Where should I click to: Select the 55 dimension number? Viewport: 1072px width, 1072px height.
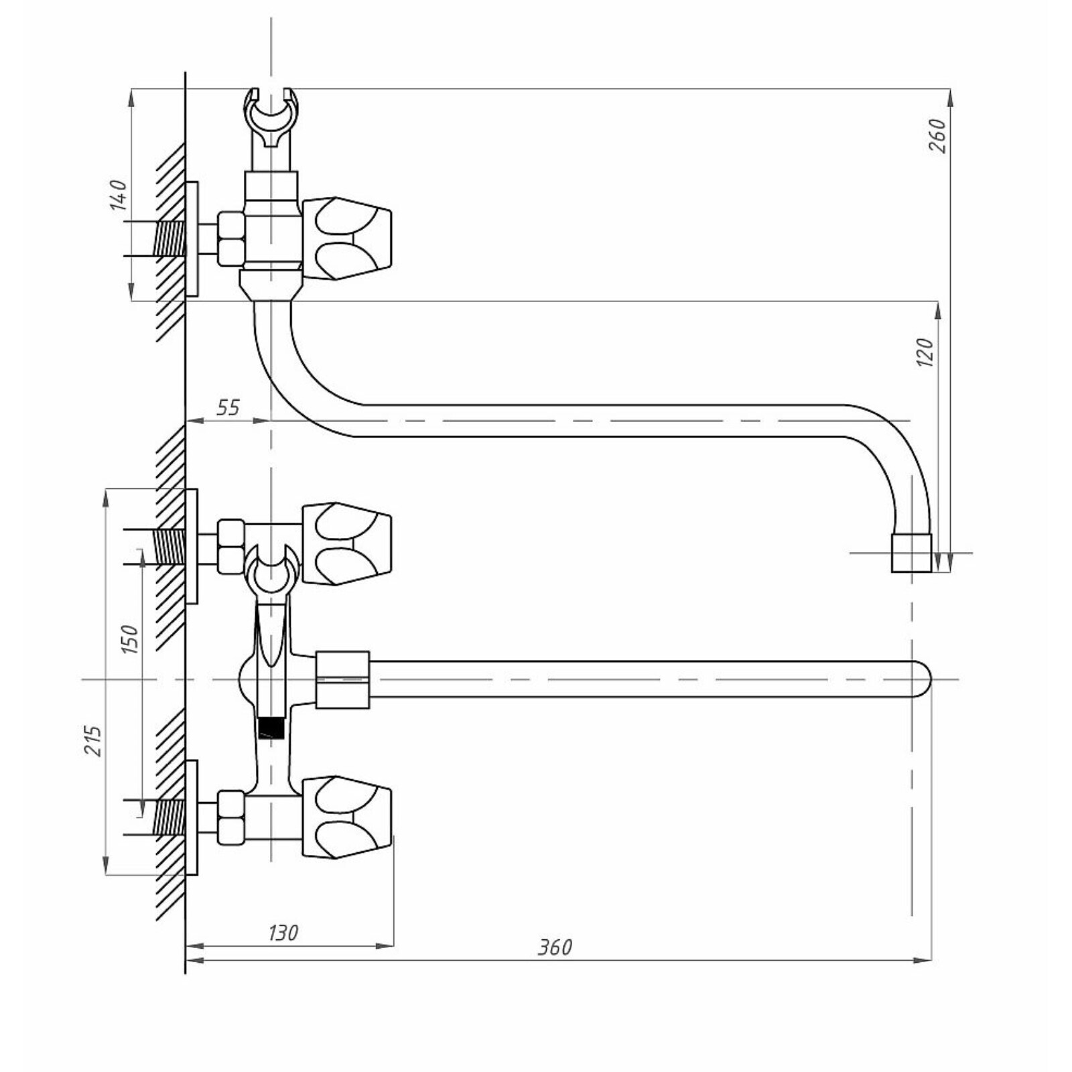(228, 407)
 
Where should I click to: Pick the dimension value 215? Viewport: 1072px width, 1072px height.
(93, 740)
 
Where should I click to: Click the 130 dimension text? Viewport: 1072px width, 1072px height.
(283, 933)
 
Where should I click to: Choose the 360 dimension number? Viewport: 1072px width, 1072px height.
(555, 947)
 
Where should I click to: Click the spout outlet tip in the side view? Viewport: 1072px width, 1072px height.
(911, 553)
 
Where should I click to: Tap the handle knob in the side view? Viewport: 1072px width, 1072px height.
(347, 238)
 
